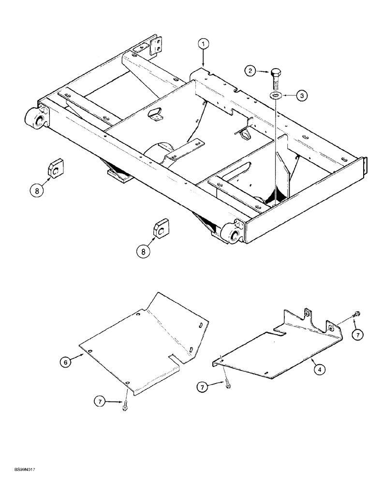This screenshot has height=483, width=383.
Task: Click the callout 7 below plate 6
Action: pos(100,402)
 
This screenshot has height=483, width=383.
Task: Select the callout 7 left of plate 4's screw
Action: pos(203,385)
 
